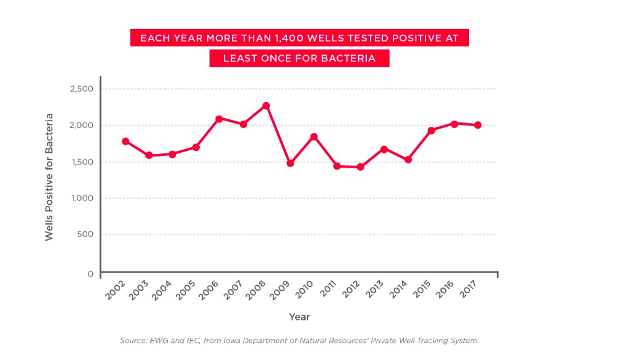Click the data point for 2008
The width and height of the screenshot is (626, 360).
click(x=266, y=106)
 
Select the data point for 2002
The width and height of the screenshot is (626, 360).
click(x=126, y=141)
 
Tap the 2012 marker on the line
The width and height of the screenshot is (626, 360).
click(x=360, y=167)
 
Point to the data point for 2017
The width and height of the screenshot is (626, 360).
click(x=478, y=125)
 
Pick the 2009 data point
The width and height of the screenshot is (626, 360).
click(x=290, y=163)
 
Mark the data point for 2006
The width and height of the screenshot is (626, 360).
click(x=219, y=119)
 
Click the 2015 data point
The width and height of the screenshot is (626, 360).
click(x=431, y=131)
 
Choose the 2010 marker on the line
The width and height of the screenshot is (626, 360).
click(x=314, y=137)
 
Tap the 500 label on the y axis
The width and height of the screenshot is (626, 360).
click(x=85, y=234)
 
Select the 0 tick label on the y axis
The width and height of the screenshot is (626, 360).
click(x=90, y=273)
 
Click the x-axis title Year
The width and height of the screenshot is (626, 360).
click(x=299, y=317)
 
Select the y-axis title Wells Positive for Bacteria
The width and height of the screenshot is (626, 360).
click(x=49, y=177)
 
